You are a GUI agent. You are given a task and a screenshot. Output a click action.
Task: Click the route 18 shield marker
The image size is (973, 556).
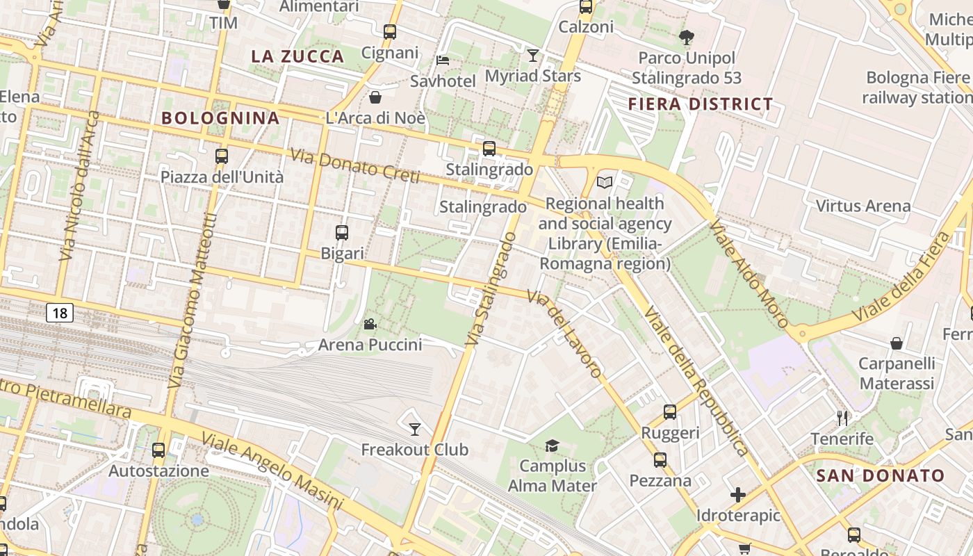(x=60, y=313)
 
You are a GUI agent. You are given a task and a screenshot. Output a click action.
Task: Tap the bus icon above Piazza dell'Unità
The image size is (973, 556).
(x=222, y=156)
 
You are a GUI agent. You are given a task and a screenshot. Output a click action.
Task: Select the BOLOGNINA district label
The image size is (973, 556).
(x=220, y=118)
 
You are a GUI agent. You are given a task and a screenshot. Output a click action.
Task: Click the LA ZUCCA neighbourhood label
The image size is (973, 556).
(x=297, y=57)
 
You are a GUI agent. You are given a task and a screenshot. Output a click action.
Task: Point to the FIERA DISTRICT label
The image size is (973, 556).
(x=700, y=105)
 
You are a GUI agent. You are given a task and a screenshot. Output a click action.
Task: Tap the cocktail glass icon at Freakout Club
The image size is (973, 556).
(x=415, y=429)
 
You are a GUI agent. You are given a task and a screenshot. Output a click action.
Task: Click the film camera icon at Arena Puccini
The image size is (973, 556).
(x=370, y=324)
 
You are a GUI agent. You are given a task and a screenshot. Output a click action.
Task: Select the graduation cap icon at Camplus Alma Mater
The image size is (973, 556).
(x=552, y=445)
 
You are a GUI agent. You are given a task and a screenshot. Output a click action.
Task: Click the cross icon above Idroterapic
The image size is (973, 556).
(x=738, y=495)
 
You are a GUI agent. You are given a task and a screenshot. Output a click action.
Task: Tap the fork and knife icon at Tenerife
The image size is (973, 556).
(x=842, y=418)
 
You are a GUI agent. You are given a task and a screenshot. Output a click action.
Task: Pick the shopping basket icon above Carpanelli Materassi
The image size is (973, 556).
(x=897, y=343)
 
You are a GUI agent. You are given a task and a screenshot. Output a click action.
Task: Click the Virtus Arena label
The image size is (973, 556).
(x=862, y=206)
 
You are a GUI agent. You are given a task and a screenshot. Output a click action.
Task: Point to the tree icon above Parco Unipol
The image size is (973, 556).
(x=686, y=37)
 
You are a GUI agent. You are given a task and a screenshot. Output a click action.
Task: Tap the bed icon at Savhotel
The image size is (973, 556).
(x=443, y=60)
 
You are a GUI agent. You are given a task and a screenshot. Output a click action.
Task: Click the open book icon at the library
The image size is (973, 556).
(x=605, y=183)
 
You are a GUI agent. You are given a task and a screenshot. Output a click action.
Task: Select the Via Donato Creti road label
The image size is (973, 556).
(x=354, y=166)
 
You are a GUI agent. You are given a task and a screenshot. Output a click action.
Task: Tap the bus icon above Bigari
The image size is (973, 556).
(x=342, y=233)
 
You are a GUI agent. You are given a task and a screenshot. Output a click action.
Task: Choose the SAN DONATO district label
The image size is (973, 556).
(x=880, y=476)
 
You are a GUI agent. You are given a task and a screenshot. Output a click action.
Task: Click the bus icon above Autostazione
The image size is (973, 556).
(x=158, y=450)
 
